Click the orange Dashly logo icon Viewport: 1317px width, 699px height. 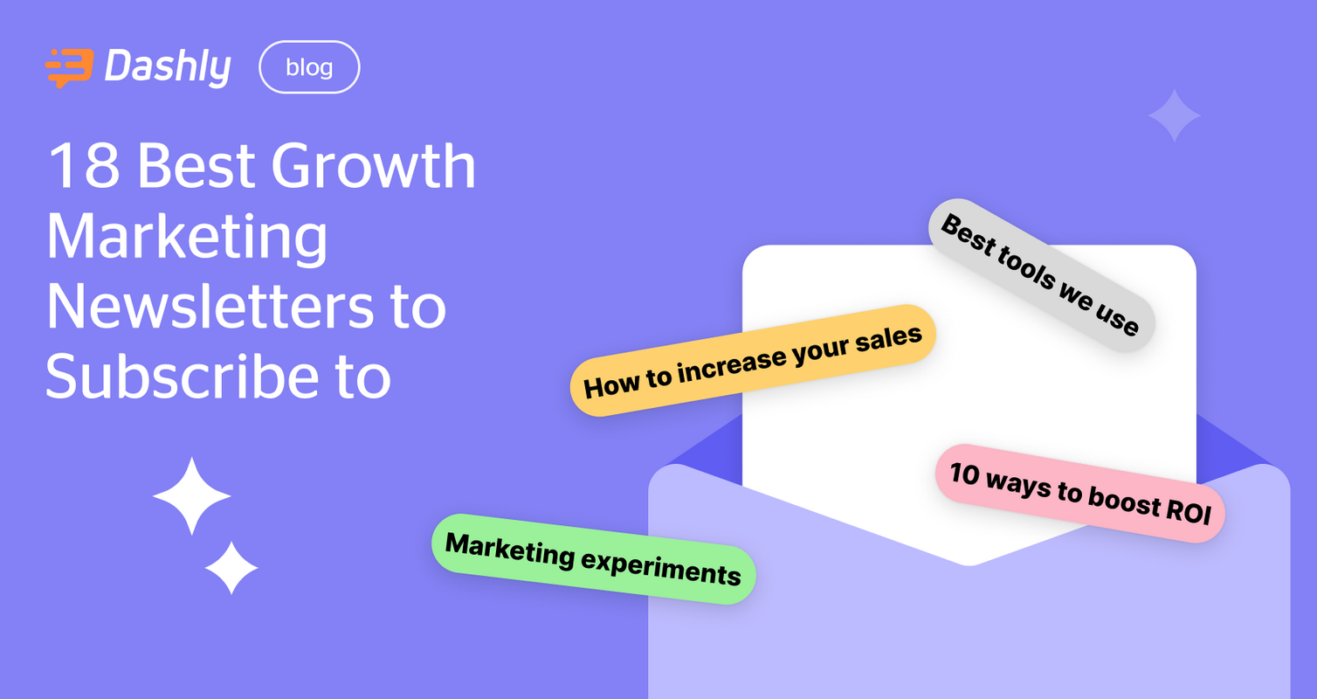click(69, 68)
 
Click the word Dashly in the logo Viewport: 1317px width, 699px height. click(168, 67)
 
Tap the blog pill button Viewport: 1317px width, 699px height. click(309, 67)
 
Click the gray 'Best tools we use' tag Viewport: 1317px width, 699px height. click(1040, 275)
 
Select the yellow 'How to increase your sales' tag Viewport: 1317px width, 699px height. click(753, 360)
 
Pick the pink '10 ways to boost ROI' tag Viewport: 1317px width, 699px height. click(1080, 494)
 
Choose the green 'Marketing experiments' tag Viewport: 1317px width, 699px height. click(594, 559)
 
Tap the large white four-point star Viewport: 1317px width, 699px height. click(191, 496)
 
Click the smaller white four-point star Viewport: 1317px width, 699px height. click(231, 568)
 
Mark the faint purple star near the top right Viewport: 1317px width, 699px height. click(1174, 115)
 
